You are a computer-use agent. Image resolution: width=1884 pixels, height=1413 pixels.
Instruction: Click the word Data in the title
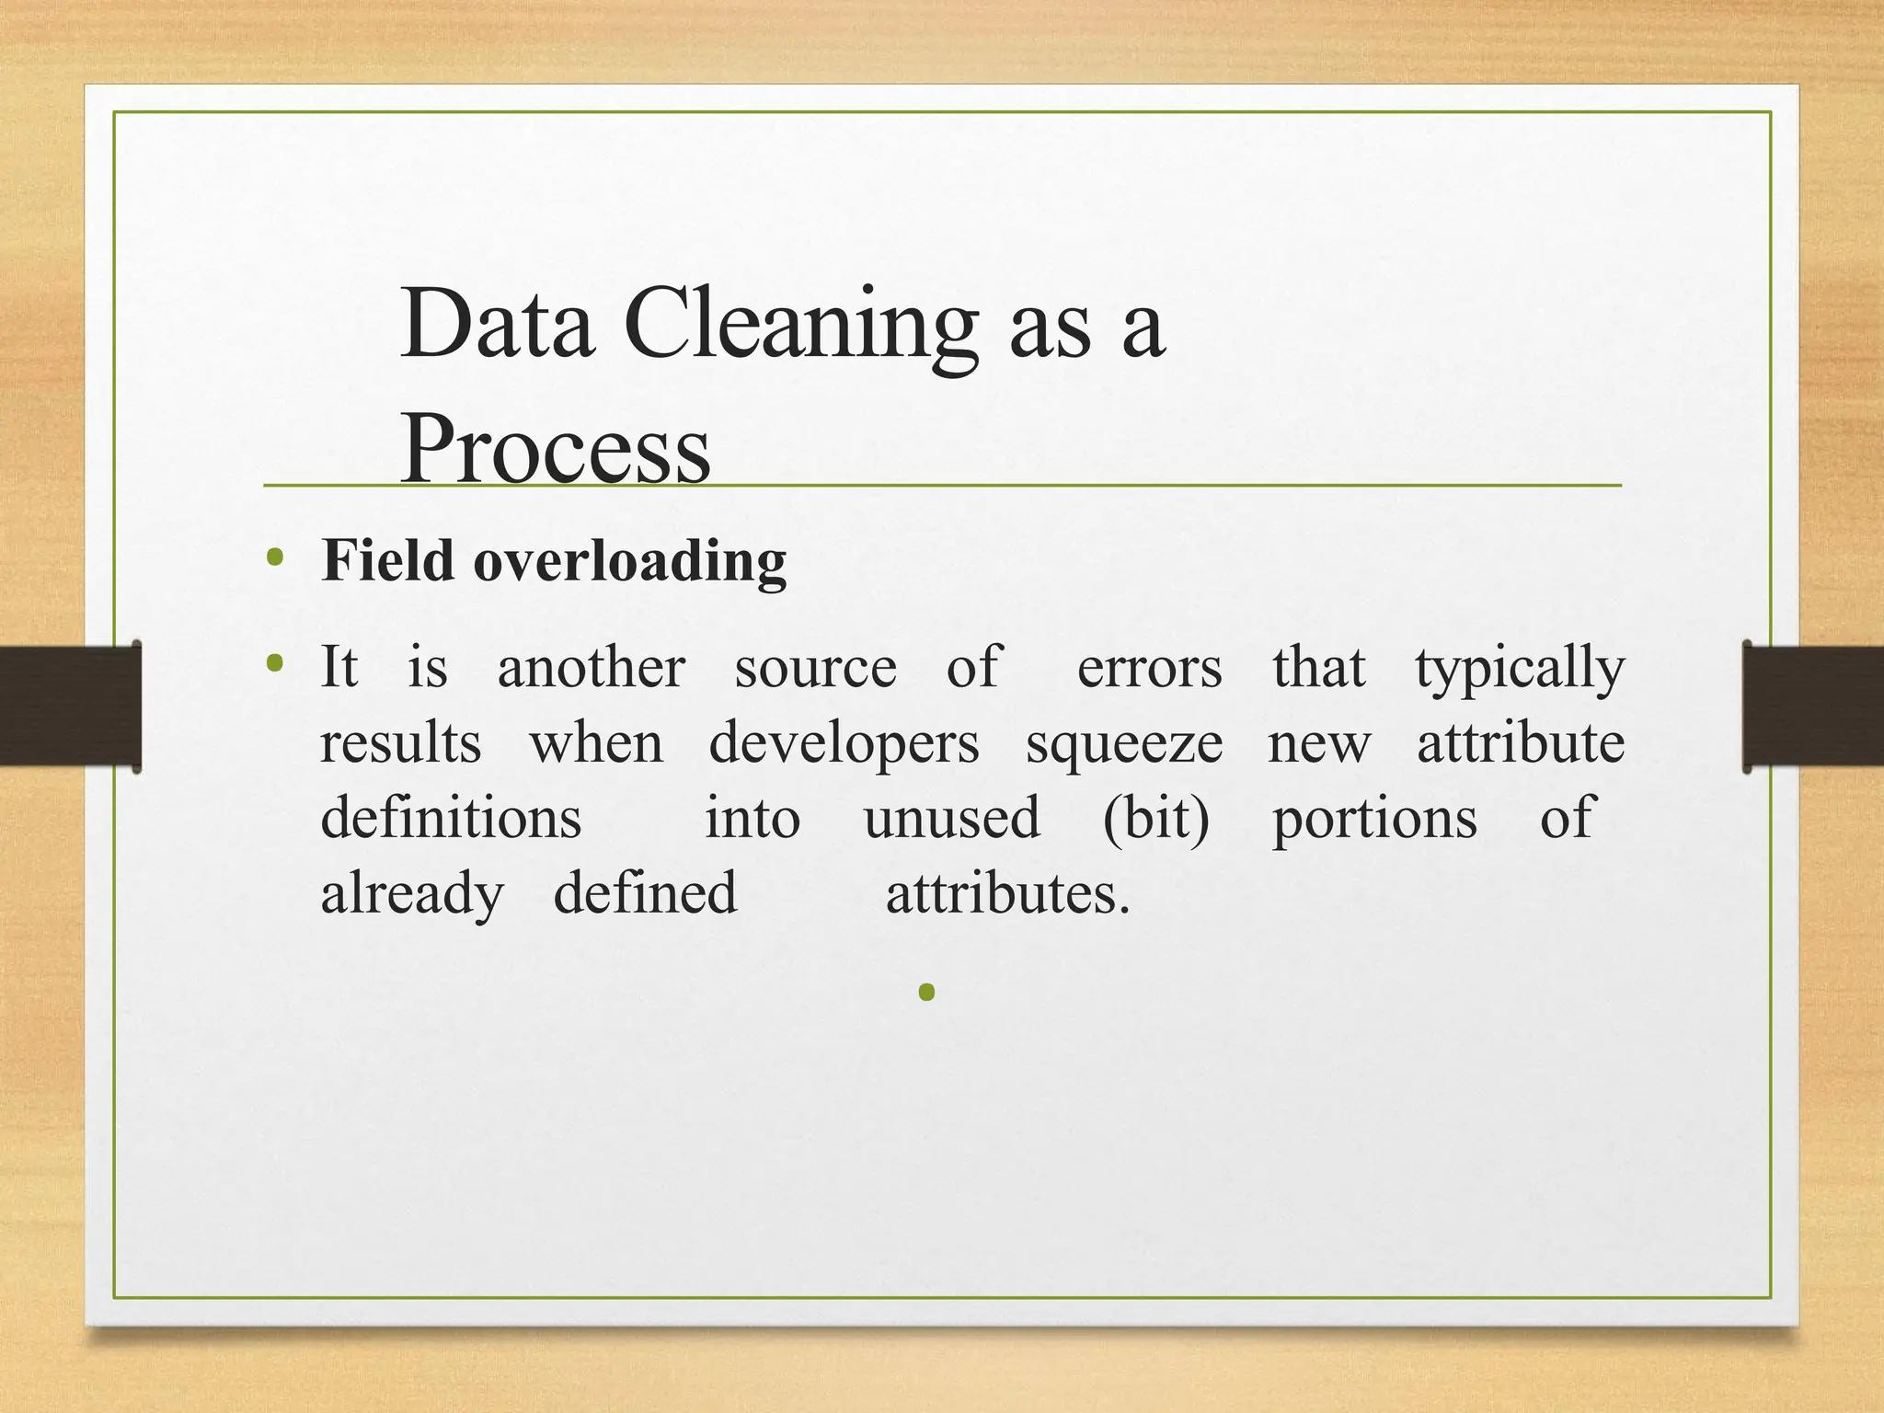click(x=497, y=325)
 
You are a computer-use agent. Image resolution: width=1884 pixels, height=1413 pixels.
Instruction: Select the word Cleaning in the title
click(x=800, y=325)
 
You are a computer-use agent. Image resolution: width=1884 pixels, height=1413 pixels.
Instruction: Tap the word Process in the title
click(x=556, y=449)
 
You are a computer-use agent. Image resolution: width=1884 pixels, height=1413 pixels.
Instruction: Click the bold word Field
click(x=387, y=560)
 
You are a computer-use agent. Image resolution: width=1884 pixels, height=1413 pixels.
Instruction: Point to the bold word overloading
click(x=630, y=562)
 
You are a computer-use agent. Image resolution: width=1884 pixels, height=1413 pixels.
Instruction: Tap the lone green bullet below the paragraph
click(x=926, y=992)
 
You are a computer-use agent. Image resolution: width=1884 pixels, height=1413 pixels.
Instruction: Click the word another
click(x=592, y=667)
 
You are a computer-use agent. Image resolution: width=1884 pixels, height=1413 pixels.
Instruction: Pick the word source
click(x=815, y=669)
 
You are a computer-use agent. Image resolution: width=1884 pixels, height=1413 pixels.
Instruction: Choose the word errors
click(x=1149, y=669)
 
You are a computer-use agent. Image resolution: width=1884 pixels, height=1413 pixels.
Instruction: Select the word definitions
click(x=451, y=818)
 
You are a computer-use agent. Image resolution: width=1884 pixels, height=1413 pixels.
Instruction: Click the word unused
click(x=951, y=818)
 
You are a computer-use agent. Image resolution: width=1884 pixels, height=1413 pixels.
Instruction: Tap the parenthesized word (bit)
click(x=1155, y=818)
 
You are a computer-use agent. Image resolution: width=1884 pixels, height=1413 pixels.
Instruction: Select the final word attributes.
click(x=1007, y=893)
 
